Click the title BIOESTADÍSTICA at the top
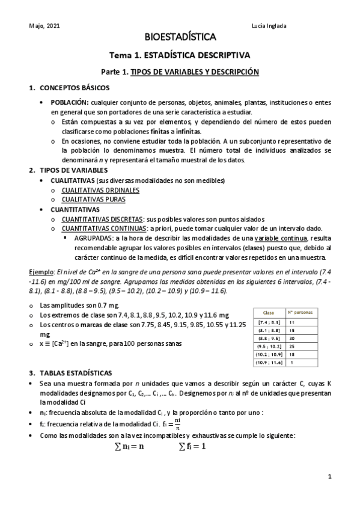click(180, 38)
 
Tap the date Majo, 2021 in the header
click(44, 26)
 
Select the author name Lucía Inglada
click(285, 26)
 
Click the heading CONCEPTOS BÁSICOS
click(74, 88)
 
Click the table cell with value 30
click(292, 338)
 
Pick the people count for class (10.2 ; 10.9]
click(292, 354)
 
